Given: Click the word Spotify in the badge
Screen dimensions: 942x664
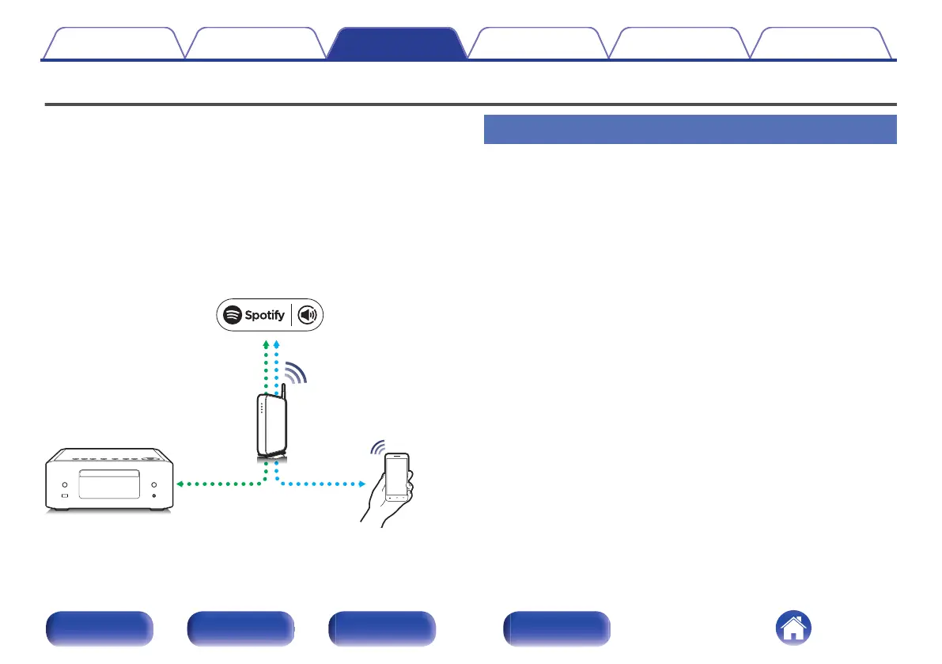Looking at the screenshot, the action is pyautogui.click(x=264, y=315).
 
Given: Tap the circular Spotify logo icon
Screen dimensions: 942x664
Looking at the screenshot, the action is pyautogui.click(x=232, y=315).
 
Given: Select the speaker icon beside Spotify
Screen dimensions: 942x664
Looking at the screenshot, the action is pyautogui.click(x=306, y=315).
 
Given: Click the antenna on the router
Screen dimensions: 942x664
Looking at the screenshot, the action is pyautogui.click(x=282, y=391).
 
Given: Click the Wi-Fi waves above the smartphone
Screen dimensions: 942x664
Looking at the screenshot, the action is pyautogui.click(x=378, y=448).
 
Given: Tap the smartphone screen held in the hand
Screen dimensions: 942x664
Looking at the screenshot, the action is pyautogui.click(x=397, y=477).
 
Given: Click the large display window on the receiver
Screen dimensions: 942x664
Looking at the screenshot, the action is pyautogui.click(x=109, y=485).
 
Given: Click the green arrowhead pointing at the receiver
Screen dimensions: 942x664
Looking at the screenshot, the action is pyautogui.click(x=180, y=483).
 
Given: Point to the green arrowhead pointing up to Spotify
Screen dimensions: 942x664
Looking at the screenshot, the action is pyautogui.click(x=266, y=345).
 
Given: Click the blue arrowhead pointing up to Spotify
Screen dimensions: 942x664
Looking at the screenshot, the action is pyautogui.click(x=276, y=345).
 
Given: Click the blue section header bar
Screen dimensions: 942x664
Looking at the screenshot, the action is pyautogui.click(x=689, y=129).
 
